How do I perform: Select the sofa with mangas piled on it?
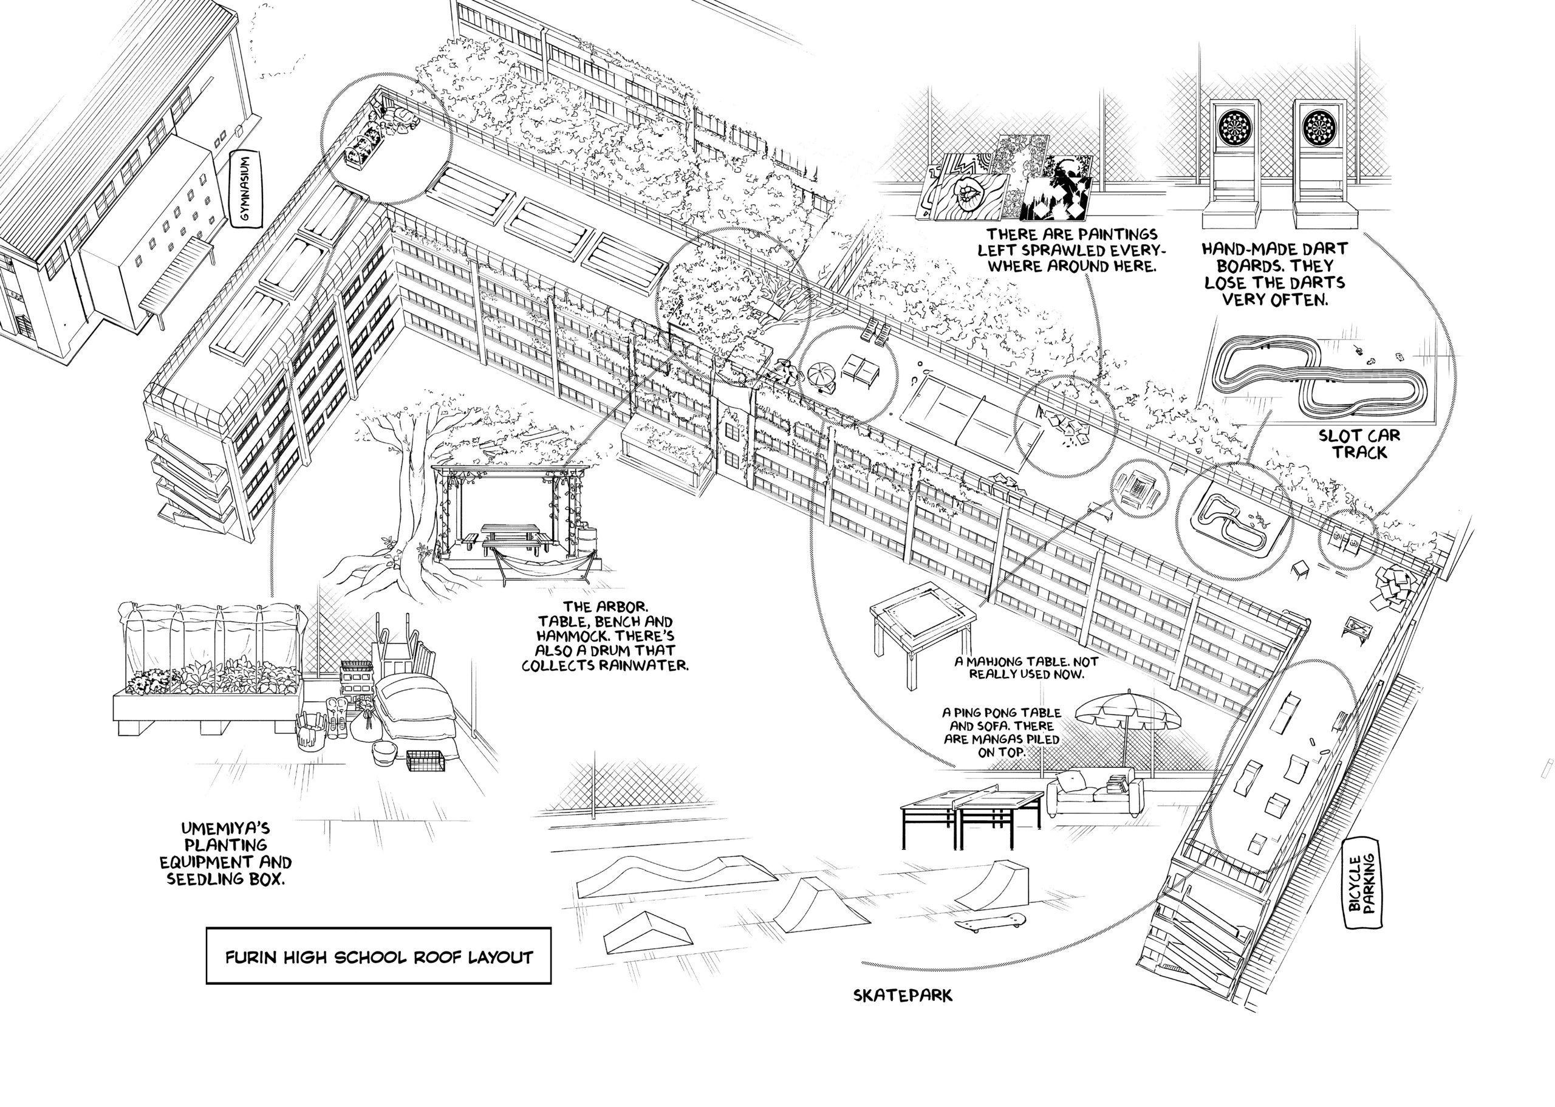[1095, 793]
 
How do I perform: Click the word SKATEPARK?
[903, 996]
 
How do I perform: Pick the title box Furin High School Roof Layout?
[378, 957]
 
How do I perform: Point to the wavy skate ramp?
[675, 876]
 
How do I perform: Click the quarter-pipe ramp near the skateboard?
[996, 884]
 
